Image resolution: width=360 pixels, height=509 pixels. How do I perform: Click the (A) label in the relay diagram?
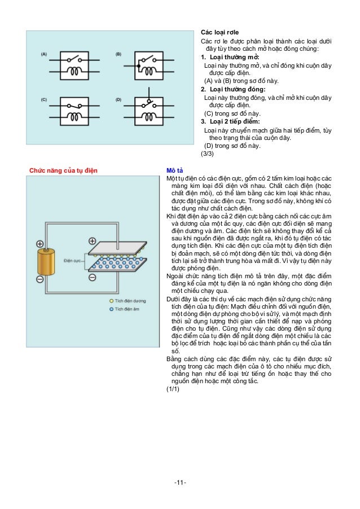(x=43, y=54)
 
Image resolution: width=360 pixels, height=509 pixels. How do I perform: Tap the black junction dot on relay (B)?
(x=136, y=58)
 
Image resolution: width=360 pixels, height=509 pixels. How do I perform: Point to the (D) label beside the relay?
(x=118, y=100)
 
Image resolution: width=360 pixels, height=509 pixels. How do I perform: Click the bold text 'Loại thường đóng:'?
(x=232, y=89)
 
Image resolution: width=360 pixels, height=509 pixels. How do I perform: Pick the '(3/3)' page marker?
(x=208, y=152)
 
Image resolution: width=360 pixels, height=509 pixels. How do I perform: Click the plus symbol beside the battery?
(x=39, y=244)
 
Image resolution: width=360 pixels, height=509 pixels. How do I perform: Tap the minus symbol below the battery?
(x=39, y=279)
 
